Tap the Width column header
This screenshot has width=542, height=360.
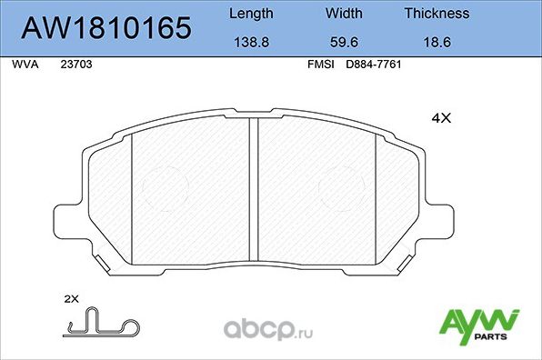(x=343, y=14)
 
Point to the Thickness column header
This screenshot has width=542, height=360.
(x=437, y=14)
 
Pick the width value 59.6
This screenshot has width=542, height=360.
(x=343, y=41)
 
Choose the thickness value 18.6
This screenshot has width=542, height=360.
(x=437, y=41)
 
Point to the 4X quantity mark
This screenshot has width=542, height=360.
(x=440, y=118)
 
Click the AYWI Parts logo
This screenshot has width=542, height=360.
(x=479, y=325)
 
